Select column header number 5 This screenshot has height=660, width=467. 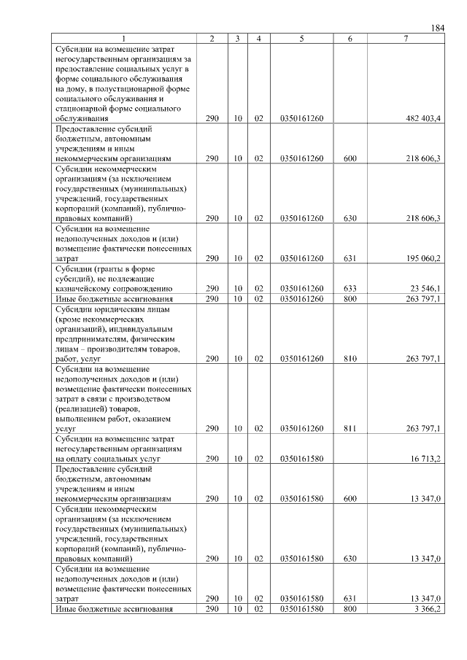pos(301,38)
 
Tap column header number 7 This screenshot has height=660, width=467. pos(405,38)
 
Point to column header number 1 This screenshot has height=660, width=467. pos(124,38)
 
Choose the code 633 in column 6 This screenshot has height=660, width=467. pos(350,288)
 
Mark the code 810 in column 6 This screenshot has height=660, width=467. pos(350,358)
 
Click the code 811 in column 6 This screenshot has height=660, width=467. pos(350,428)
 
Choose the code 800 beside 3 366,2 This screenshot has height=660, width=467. pos(350,608)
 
